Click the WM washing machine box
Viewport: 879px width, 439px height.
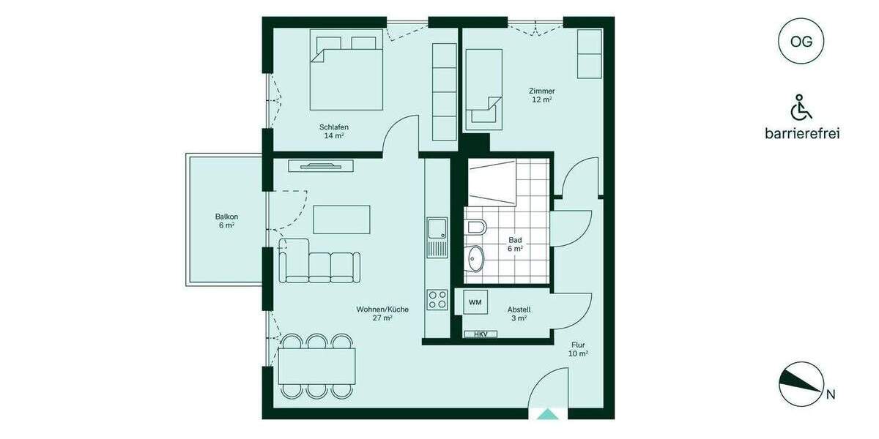475,302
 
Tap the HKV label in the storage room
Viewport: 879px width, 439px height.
481,334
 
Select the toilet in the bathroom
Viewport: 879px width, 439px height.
475,228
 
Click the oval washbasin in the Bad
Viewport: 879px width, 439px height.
476,258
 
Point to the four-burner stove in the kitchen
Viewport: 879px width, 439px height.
437,299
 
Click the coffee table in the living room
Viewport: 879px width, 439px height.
341,219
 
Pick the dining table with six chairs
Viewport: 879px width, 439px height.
316,366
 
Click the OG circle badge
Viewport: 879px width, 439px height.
801,42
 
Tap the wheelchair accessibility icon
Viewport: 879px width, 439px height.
801,108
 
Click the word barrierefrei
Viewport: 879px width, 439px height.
801,133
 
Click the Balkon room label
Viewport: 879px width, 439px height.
226,221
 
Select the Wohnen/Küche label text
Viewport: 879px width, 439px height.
382,313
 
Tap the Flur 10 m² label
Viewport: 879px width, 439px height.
578,349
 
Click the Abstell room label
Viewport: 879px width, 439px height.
519,314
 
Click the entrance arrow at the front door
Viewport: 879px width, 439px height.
547,414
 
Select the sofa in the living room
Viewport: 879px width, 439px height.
319,261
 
